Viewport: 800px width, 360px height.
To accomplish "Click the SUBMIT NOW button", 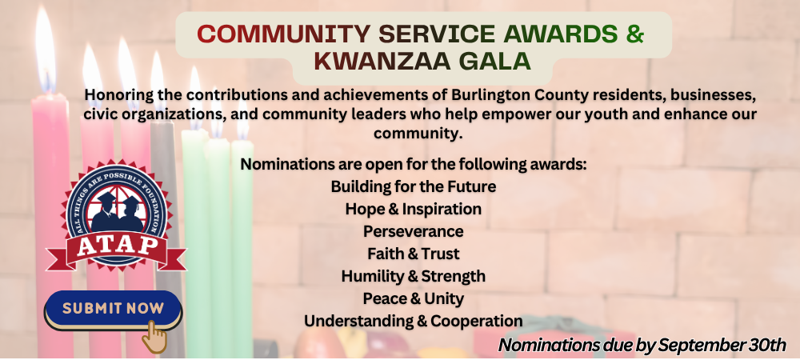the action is [113, 310].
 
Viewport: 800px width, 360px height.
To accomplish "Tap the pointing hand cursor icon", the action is [154, 337].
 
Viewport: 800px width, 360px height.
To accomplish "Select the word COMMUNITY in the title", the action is [283, 34].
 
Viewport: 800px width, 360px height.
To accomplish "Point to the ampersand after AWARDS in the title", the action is [634, 34].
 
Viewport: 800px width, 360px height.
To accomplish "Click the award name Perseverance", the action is [414, 231].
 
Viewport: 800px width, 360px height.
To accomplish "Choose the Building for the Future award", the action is [414, 186].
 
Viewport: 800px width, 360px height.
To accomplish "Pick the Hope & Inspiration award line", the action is [414, 209].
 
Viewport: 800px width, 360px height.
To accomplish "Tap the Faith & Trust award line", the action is [414, 254].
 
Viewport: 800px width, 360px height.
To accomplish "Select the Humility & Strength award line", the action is [414, 276].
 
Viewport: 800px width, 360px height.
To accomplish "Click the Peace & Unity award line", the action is [414, 299].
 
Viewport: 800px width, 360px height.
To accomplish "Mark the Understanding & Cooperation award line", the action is [414, 322].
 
